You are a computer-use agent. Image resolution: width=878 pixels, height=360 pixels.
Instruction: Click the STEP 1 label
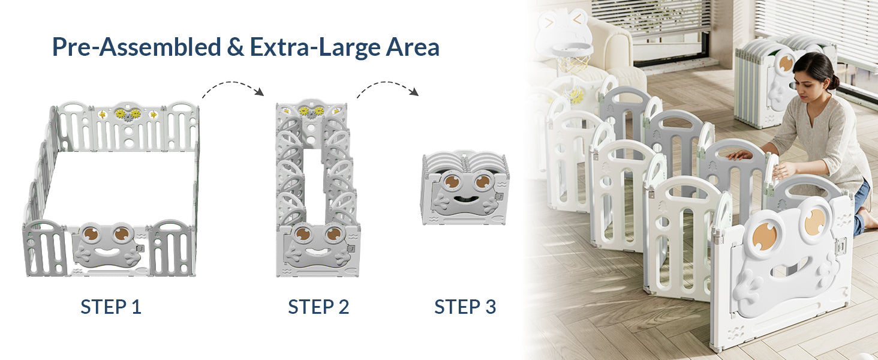pos(111,307)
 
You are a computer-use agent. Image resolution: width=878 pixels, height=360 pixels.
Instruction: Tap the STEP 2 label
pos(318,307)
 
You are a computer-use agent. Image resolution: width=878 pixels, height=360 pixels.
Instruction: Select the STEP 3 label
pos(465,307)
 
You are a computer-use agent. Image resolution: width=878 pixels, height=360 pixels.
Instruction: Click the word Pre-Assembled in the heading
pos(136,47)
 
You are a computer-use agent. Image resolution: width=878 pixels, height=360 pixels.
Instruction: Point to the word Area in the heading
pos(413,47)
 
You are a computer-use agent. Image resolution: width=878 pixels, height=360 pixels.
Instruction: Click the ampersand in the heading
pos(235,47)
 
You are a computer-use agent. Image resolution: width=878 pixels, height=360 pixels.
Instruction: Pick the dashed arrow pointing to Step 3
pos(387,86)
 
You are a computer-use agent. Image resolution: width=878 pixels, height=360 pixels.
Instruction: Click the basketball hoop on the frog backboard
pos(572,55)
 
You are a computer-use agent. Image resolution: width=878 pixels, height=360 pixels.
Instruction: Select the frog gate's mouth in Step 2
pos(317,251)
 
